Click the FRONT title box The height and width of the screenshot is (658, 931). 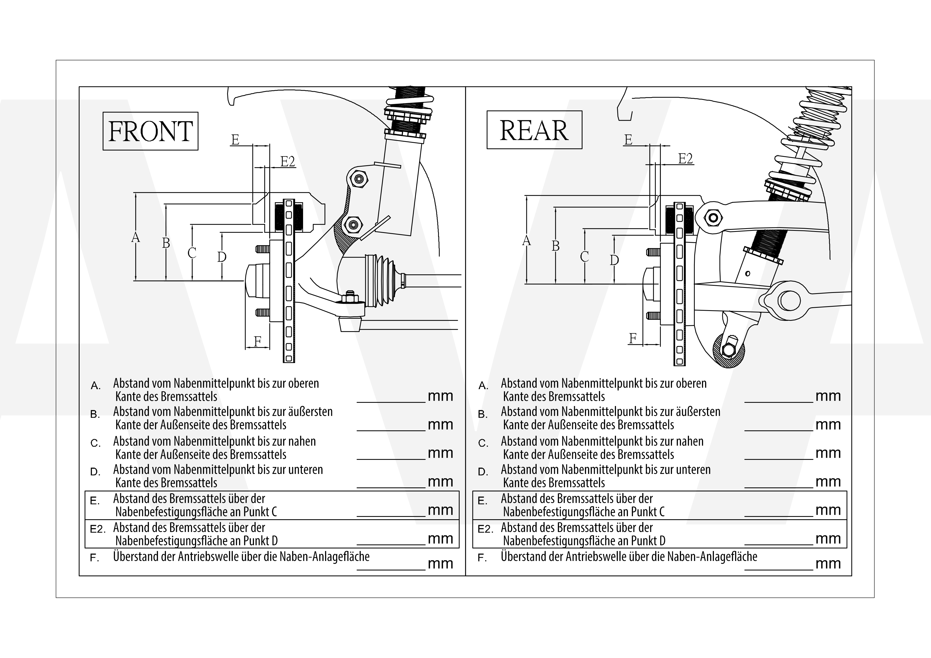150,131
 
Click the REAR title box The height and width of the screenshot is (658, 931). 534,130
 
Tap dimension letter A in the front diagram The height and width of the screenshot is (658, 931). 135,237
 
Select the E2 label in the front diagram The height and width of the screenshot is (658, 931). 287,162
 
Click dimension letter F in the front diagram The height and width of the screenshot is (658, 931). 257,342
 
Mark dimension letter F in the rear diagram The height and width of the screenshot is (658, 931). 632,338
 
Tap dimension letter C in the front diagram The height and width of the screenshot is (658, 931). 192,253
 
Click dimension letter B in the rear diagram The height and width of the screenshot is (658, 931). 555,246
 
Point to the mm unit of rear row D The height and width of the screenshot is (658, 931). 828,481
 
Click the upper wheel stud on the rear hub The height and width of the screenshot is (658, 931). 653,252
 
